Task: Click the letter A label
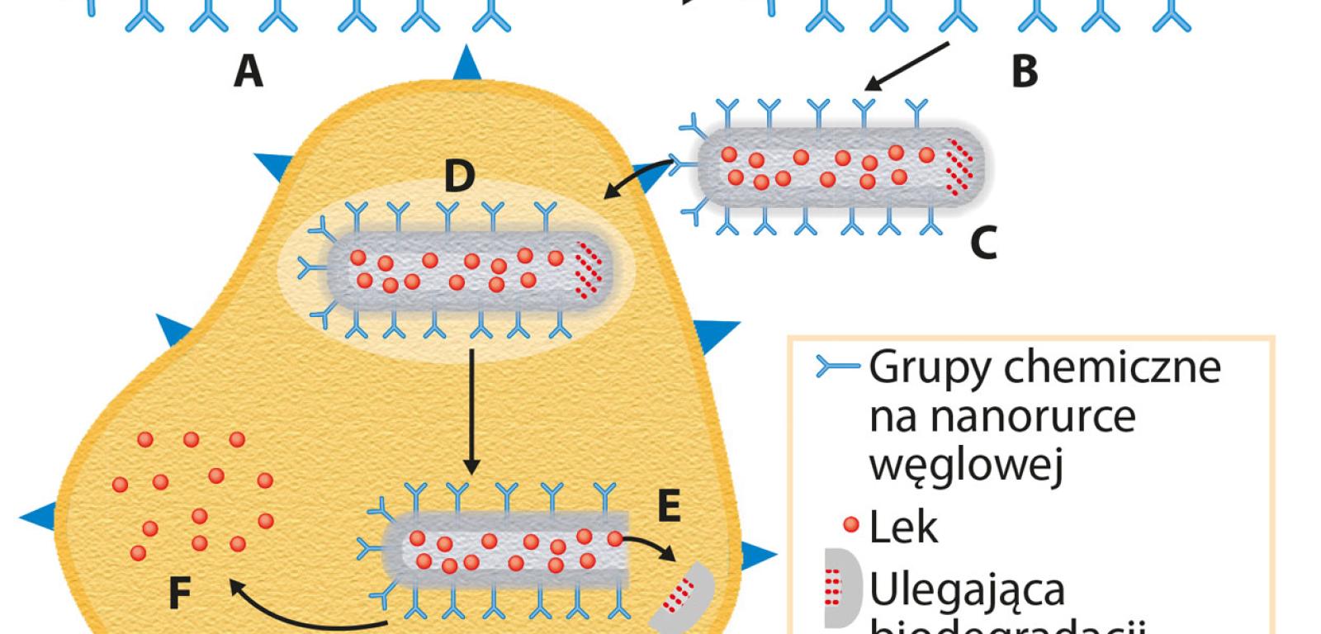click(248, 73)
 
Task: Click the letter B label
click(1025, 73)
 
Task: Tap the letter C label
click(983, 243)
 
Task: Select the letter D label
click(460, 176)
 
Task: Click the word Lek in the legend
click(903, 527)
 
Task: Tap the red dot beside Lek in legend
click(851, 524)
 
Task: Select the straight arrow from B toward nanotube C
click(907, 66)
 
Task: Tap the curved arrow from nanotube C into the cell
click(639, 177)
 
